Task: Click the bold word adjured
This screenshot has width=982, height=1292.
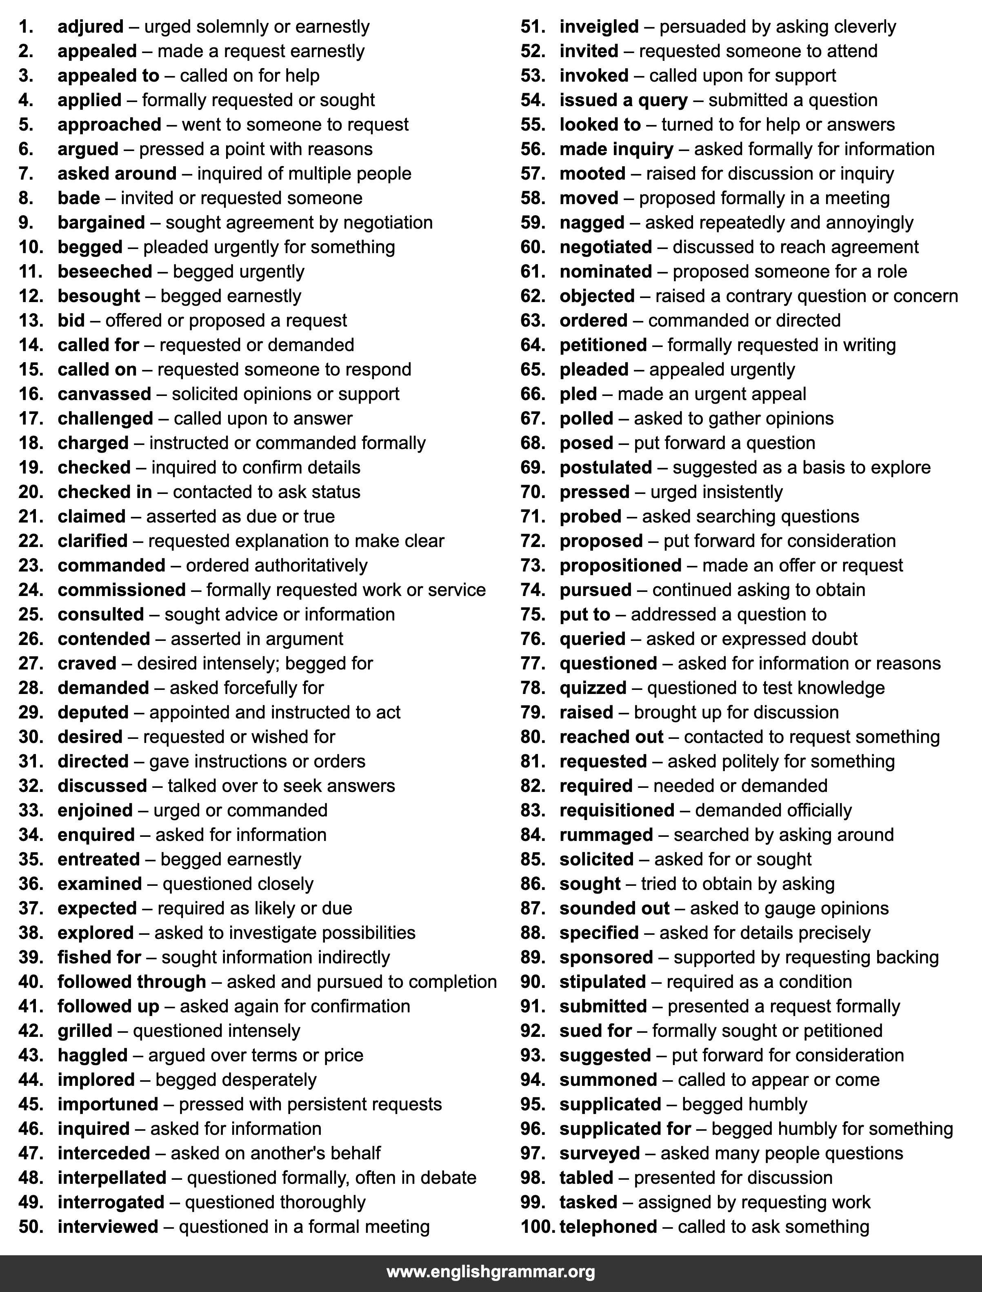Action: pos(91,27)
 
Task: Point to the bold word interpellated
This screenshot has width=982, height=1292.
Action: pos(112,1177)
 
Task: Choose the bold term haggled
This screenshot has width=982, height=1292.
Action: pos(92,1055)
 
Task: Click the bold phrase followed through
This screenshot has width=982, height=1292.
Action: pos(131,982)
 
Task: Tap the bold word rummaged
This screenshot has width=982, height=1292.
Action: pos(606,835)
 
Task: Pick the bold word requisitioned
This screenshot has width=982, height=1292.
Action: pos(617,810)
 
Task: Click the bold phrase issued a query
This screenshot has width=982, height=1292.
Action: pos(623,100)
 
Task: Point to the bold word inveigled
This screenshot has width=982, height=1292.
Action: pos(599,27)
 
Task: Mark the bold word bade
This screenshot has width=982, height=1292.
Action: pos(79,198)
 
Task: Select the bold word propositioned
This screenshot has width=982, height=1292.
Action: pos(620,565)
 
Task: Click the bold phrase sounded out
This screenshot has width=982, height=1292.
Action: pos(614,908)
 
